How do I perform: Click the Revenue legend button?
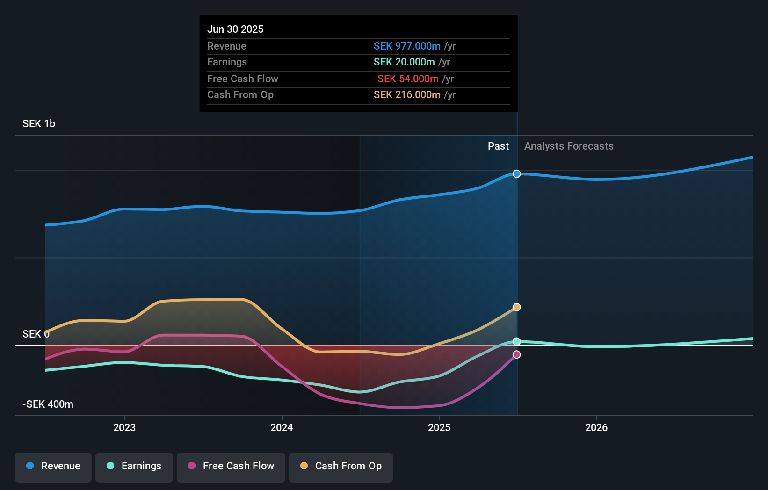[x=53, y=466]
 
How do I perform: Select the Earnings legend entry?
[x=134, y=466]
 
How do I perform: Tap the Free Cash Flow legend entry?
[x=231, y=466]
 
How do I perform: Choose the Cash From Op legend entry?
[x=341, y=466]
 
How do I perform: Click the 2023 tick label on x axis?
[x=124, y=427]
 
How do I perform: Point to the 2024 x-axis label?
[x=282, y=427]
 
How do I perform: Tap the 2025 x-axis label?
[x=439, y=427]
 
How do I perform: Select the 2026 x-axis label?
[x=596, y=427]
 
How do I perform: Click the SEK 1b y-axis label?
[x=39, y=124]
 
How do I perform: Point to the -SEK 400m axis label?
[x=48, y=404]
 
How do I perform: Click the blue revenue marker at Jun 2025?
[x=516, y=174]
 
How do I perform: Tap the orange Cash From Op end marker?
[x=516, y=307]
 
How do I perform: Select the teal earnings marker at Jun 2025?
[x=516, y=342]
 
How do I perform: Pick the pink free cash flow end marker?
[x=516, y=354]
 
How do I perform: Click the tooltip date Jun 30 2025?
[x=235, y=29]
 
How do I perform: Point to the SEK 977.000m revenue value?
[x=407, y=46]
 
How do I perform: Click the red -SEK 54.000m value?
[x=406, y=79]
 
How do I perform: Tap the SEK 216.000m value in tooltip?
[x=407, y=94]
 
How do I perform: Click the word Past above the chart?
[x=498, y=146]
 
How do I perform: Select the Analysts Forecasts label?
[x=569, y=146]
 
